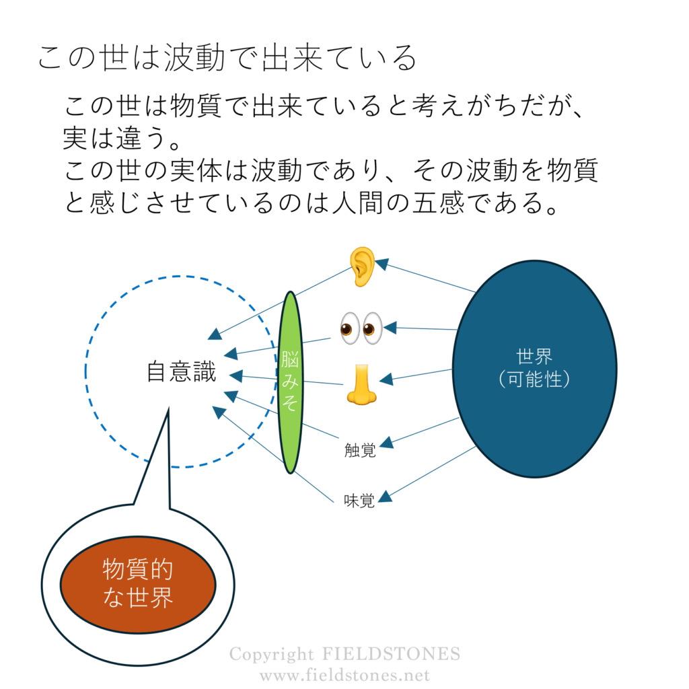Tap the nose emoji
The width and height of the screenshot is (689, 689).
361,384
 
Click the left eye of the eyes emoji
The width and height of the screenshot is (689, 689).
350,328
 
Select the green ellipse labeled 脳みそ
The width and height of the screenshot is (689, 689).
291,382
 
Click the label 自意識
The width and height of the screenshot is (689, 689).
182,371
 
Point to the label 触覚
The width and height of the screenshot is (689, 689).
360,450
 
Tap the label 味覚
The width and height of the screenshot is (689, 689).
359,501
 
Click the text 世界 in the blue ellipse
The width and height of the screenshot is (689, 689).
534,357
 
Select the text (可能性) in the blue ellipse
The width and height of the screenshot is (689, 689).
534,379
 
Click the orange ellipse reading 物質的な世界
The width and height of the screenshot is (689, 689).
138,585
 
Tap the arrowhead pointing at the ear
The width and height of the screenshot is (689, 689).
382,264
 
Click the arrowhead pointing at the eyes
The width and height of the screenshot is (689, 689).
390,328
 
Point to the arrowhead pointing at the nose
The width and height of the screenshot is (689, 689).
386,379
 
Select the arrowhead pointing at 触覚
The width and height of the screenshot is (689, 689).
387,443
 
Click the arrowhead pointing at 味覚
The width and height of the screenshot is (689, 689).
386,497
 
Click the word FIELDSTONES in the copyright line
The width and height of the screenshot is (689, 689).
391,654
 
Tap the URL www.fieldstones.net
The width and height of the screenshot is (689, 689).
345,675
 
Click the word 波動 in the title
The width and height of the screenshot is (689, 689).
194,58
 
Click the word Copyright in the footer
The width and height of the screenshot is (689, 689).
272,655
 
